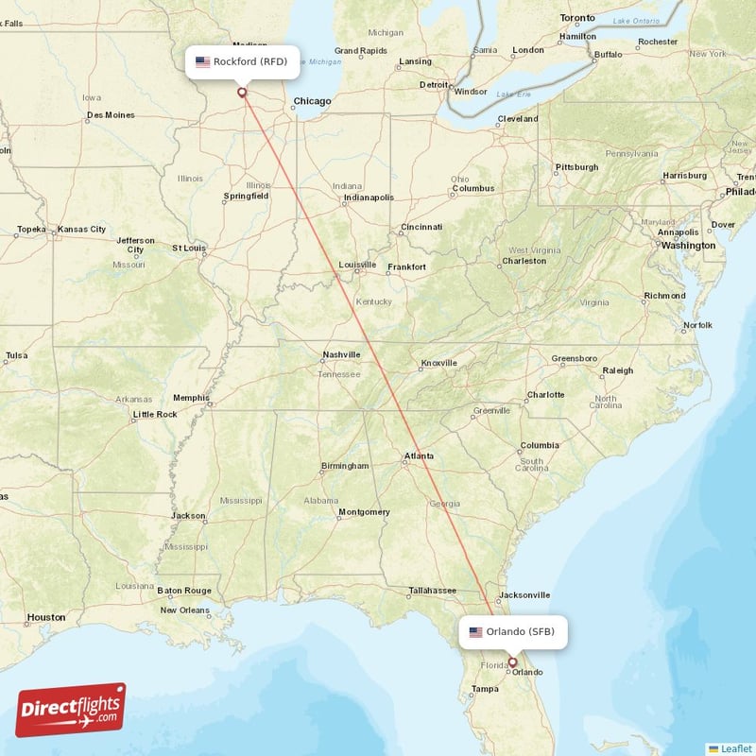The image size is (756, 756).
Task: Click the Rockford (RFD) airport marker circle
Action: tap(242, 93)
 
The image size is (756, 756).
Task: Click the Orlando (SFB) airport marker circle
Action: tap(512, 662)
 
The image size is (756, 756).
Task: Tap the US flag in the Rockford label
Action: tap(202, 62)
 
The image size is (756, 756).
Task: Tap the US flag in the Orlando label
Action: tap(475, 631)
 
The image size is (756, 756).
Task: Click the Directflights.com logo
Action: tap(71, 710)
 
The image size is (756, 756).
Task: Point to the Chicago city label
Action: tap(312, 101)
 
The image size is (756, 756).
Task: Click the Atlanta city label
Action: tap(419, 456)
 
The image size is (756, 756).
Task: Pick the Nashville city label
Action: tap(341, 354)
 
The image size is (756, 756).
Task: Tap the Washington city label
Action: tap(688, 245)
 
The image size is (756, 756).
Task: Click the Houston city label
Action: tap(46, 617)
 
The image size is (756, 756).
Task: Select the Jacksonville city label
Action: tap(524, 595)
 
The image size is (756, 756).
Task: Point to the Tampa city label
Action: tap(485, 689)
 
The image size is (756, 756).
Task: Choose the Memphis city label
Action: tap(191, 398)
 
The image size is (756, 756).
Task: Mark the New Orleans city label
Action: tap(184, 610)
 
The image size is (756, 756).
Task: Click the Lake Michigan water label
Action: tap(323, 62)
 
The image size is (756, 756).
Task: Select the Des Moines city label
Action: tap(110, 115)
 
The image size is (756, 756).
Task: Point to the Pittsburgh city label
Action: tap(576, 167)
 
